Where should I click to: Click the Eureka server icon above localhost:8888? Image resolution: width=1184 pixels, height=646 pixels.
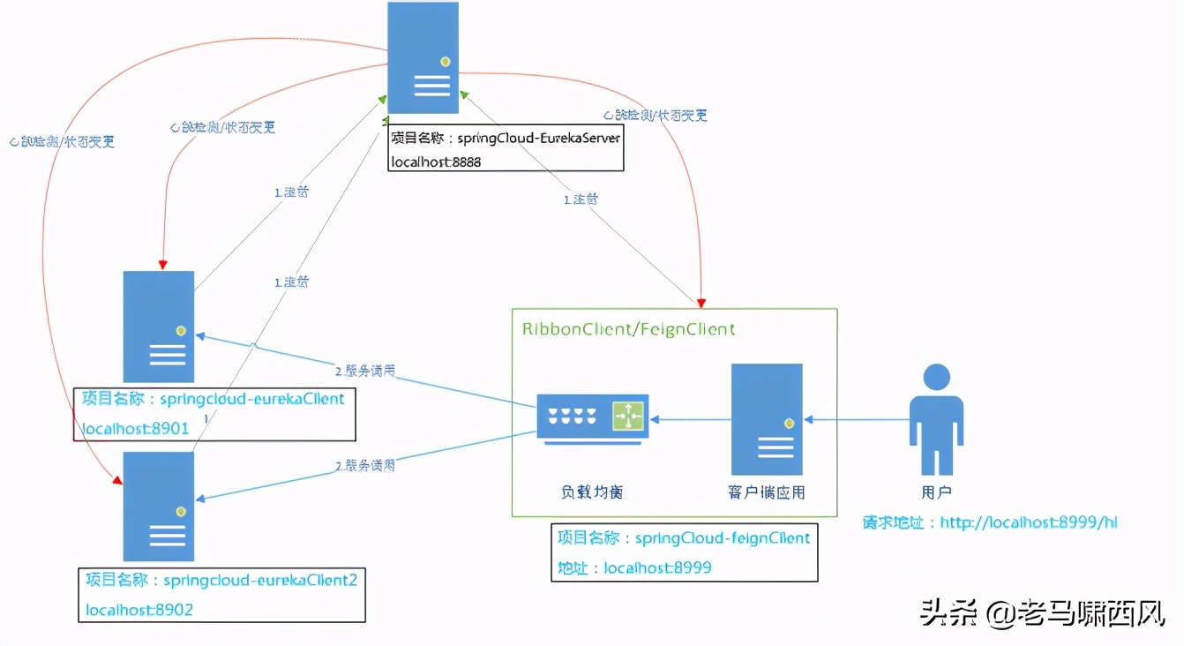[423, 58]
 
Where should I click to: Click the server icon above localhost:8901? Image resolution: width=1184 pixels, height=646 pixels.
[159, 326]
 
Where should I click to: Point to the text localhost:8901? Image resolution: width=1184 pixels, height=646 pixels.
[136, 429]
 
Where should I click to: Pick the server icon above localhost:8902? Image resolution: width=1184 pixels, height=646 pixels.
[159, 507]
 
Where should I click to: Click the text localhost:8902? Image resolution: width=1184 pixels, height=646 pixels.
[139, 609]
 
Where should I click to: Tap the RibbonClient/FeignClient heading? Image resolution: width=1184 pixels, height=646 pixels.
[628, 329]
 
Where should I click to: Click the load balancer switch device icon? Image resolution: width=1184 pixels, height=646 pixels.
[592, 416]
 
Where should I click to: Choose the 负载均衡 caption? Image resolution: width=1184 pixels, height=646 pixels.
[592, 492]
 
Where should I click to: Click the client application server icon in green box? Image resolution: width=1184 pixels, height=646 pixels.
[767, 419]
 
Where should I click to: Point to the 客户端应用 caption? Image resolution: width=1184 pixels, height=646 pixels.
[767, 492]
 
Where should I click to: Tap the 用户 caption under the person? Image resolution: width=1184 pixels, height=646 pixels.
[936, 492]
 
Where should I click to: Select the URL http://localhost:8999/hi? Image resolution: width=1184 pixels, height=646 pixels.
[1029, 522]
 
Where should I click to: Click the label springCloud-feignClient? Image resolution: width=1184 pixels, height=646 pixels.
[722, 537]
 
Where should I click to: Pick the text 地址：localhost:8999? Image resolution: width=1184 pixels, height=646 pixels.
[633, 567]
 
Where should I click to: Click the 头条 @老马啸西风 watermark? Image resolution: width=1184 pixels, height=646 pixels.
[1042, 612]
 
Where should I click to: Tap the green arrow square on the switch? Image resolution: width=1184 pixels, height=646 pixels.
[629, 414]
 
